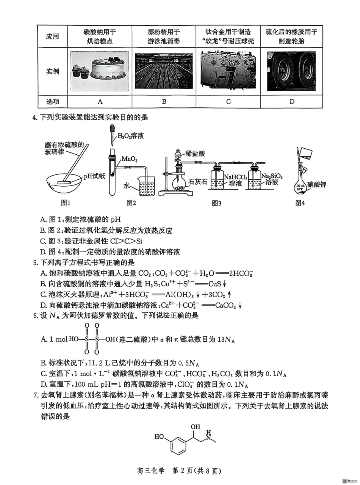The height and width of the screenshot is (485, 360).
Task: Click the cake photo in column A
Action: click(100, 71)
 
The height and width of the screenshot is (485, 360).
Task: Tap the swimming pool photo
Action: click(164, 71)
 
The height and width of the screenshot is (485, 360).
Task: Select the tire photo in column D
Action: click(291, 71)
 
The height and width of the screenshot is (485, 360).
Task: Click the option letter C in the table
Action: click(228, 101)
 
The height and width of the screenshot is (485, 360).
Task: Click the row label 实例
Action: click(52, 71)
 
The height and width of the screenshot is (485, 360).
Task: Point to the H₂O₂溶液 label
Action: click(131, 135)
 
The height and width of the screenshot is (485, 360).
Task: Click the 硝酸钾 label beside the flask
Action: click(317, 184)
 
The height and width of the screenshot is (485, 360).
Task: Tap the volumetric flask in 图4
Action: click(301, 182)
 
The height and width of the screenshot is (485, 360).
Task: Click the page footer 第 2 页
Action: click(188, 471)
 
